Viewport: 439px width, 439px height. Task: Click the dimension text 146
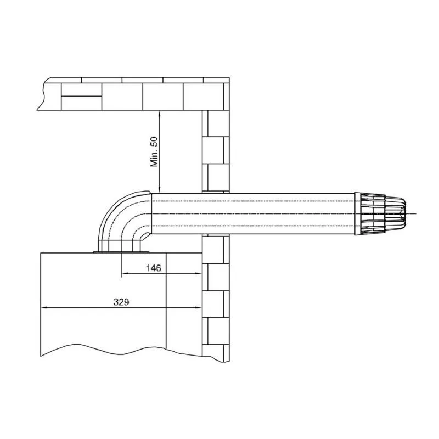[154, 268]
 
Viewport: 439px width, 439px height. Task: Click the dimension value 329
[121, 302]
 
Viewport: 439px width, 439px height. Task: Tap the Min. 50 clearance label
[154, 151]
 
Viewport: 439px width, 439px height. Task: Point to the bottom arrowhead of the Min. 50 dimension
[159, 189]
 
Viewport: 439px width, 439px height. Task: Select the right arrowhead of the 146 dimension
[198, 273]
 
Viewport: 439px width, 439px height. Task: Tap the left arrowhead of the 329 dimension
[44, 307]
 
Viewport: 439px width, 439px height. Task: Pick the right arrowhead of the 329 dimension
[198, 307]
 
